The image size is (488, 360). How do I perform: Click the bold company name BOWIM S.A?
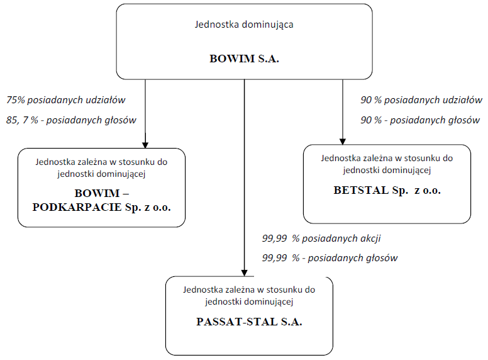[x=244, y=59]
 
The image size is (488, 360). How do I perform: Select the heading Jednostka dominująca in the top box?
[x=244, y=25]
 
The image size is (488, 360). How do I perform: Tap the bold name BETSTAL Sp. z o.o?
[x=387, y=190]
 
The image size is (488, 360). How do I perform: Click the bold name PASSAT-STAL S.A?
[x=249, y=322]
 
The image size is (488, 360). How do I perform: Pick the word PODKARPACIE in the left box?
[x=77, y=207]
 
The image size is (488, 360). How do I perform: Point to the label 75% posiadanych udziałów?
[x=65, y=100]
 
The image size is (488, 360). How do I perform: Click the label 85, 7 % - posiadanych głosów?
[x=71, y=120]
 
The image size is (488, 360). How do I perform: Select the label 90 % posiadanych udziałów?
[x=421, y=100]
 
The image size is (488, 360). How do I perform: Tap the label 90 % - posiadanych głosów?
[x=420, y=120]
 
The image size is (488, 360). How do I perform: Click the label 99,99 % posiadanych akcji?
[x=321, y=239]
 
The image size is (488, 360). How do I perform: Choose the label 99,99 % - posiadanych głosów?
[x=330, y=258]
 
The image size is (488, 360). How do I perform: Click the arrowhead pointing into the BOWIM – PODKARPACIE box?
[x=145, y=145]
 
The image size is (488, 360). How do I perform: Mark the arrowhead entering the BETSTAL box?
[x=343, y=142]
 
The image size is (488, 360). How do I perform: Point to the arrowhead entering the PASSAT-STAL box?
[x=244, y=273]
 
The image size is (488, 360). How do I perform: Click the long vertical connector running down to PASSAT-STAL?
[x=244, y=177]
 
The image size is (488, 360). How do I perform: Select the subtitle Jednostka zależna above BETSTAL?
[x=387, y=164]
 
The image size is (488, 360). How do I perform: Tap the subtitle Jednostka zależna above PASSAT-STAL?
[x=249, y=296]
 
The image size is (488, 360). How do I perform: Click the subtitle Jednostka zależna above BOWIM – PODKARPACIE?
[x=101, y=168]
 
